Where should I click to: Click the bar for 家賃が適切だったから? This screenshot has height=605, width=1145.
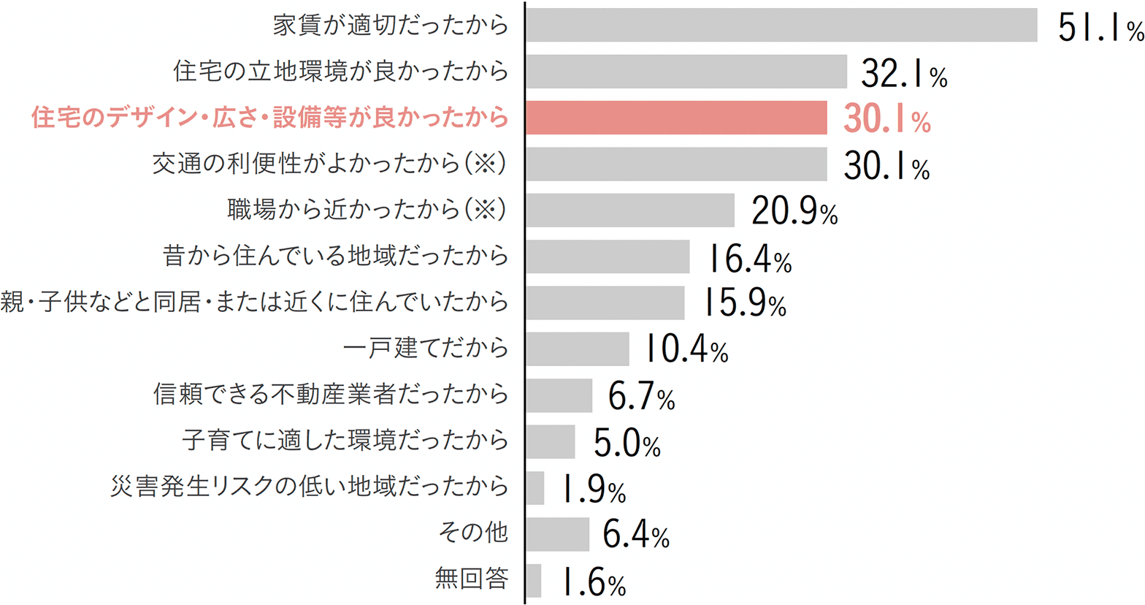[x=781, y=26]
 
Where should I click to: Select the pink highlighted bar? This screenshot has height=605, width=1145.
[x=676, y=118]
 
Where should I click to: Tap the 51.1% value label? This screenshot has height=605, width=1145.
[x=1100, y=28]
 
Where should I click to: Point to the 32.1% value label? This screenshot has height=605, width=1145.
[x=904, y=73]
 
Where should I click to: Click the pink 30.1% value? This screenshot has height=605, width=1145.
[x=886, y=120]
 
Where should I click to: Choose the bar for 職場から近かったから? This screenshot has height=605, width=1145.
[x=630, y=210]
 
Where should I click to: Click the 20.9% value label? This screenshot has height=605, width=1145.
[x=794, y=212]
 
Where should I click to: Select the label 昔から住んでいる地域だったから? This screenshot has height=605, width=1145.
[x=335, y=256]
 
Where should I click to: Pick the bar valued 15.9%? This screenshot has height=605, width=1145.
[x=605, y=302]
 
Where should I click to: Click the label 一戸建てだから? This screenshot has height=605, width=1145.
[x=426, y=348]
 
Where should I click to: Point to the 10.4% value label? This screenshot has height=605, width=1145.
[x=686, y=351]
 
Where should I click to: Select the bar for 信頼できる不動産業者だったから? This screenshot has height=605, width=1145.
[x=559, y=395]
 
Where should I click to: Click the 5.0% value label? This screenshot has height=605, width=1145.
[x=627, y=444]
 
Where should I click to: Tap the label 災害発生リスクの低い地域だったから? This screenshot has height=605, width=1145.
[x=310, y=487]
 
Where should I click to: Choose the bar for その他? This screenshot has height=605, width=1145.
[x=557, y=534]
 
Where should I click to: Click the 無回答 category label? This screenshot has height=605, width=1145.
[x=471, y=579]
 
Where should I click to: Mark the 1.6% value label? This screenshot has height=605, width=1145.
[x=593, y=583]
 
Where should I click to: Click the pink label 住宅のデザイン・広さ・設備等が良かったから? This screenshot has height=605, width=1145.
[x=270, y=118]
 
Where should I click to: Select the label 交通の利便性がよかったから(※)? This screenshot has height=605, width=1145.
[x=329, y=164]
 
